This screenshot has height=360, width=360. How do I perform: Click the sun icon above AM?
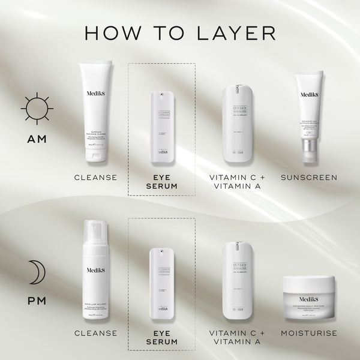32,110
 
